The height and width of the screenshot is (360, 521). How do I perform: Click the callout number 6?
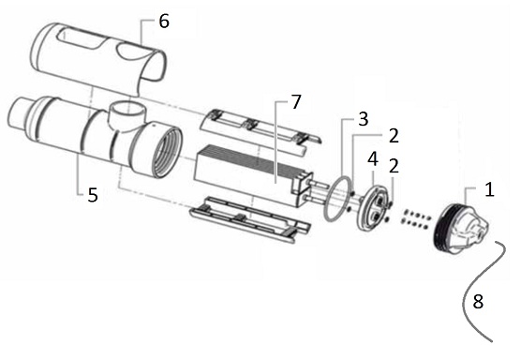coord(164,22)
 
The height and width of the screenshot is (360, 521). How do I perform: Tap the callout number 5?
coord(93,195)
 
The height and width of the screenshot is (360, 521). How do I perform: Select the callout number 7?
coord(296,101)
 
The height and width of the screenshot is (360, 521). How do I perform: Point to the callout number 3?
coord(364,119)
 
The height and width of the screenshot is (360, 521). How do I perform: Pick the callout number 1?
coord(489,189)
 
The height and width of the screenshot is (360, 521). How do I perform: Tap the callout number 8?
coord(478,302)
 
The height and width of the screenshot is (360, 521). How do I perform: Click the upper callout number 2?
coord(394,136)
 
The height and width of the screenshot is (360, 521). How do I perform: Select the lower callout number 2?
coord(394,166)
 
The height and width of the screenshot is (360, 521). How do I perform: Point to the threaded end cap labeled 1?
coord(461,229)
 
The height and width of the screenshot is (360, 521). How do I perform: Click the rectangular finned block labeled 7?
coord(253,175)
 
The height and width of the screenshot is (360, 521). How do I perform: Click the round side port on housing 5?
coord(127,112)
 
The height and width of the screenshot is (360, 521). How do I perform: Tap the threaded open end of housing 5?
coord(167,151)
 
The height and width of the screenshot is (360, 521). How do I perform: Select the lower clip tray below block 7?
coord(250,219)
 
